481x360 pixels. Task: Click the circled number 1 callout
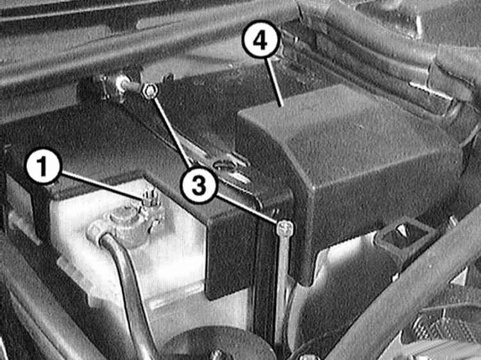coord(44,168)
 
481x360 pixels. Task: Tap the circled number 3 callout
coord(199,184)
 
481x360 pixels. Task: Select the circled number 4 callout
coord(261,39)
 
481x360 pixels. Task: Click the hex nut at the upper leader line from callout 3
coord(149,91)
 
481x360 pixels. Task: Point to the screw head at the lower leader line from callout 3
coord(285,228)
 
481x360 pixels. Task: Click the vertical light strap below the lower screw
coord(283,276)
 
